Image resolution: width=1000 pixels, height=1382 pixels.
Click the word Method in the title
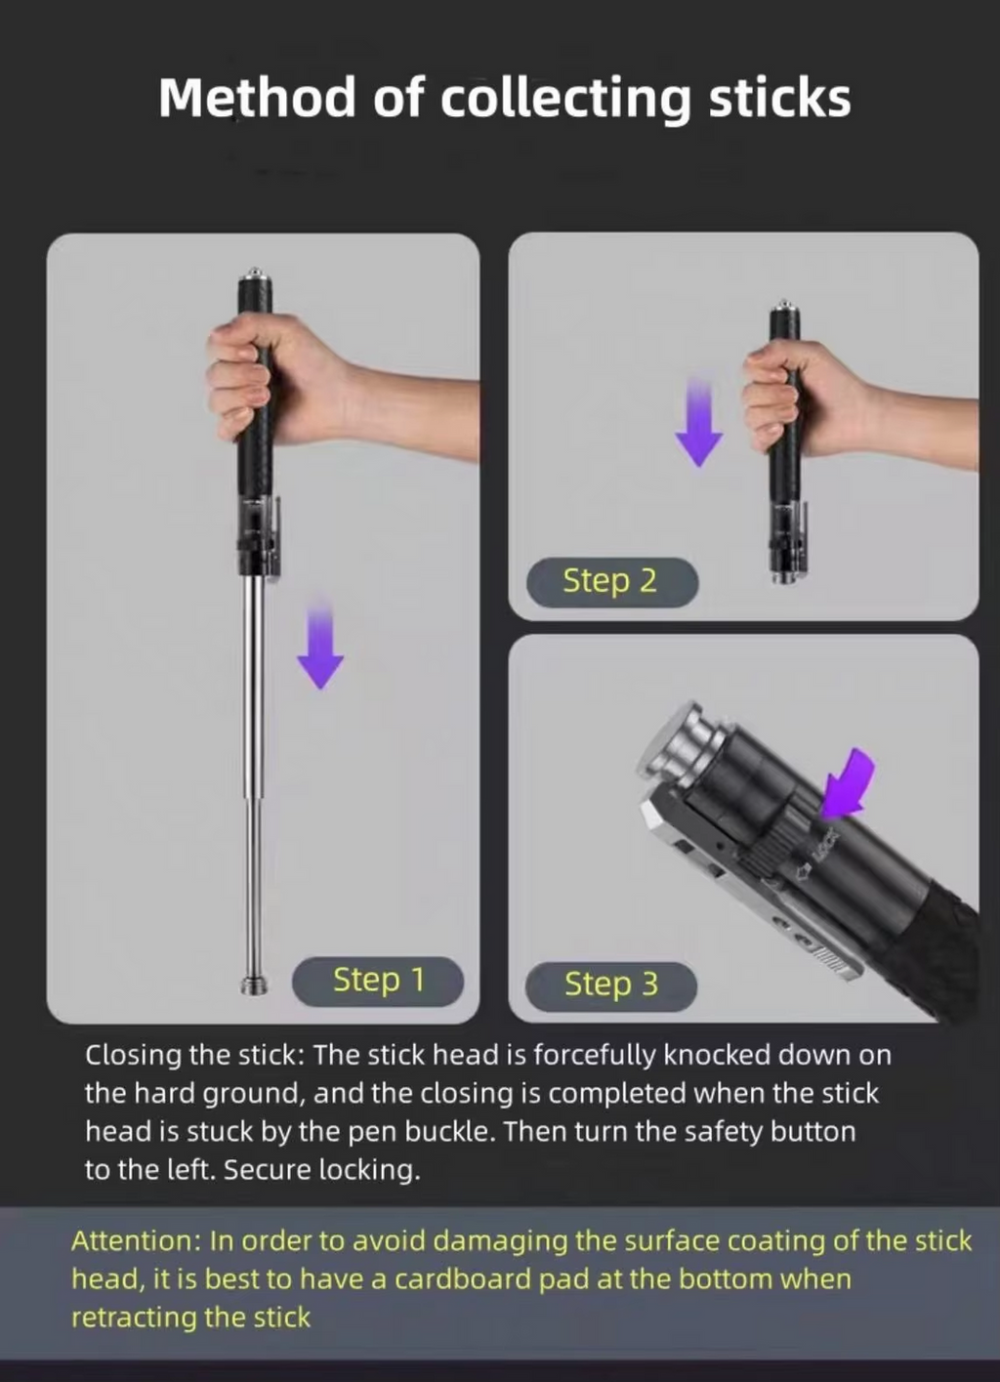pyautogui.click(x=256, y=98)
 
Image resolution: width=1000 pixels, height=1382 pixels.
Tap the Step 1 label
pyautogui.click(x=378, y=980)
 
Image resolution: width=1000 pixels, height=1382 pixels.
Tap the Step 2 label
pyautogui.click(x=610, y=581)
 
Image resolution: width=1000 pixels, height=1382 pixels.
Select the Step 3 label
pyautogui.click(x=611, y=984)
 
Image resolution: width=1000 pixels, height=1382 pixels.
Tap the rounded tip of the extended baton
pyautogui.click(x=254, y=982)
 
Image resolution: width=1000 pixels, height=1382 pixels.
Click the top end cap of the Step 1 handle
pyautogui.click(x=254, y=275)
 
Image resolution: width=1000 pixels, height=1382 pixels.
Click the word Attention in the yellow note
pyautogui.click(x=134, y=1240)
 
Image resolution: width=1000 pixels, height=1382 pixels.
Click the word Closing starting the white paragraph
pyautogui.click(x=133, y=1055)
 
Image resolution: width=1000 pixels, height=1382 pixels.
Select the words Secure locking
pyautogui.click(x=321, y=1169)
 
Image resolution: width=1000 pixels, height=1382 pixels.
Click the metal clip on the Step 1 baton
pyautogui.click(x=274, y=537)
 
